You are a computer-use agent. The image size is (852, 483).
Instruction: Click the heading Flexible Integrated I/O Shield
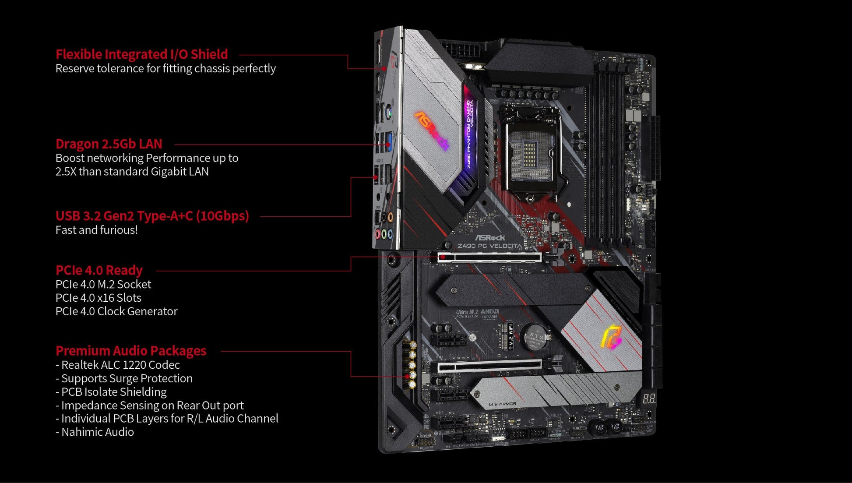[x=141, y=54]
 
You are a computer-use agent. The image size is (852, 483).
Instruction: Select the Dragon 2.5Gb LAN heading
[x=109, y=144]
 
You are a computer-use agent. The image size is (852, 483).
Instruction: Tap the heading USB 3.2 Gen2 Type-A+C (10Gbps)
[x=152, y=215]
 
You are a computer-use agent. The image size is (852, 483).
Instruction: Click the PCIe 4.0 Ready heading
[x=99, y=270]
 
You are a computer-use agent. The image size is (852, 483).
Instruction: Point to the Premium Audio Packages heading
[x=130, y=351]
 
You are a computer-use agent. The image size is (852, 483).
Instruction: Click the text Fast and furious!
[x=96, y=230]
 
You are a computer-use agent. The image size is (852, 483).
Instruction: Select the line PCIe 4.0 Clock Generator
[x=116, y=311]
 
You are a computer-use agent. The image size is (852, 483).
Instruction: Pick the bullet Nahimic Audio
[x=97, y=432]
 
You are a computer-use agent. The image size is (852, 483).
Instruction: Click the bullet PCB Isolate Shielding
[x=113, y=392]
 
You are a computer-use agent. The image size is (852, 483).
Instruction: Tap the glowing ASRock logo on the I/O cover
[x=432, y=130]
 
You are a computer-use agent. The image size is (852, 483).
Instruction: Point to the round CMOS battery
[x=536, y=336]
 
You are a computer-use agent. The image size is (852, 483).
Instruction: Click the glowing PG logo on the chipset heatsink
[x=611, y=337]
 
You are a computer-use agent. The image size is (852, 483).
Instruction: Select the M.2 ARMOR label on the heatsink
[x=502, y=404]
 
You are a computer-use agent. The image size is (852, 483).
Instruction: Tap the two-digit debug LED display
[x=649, y=398]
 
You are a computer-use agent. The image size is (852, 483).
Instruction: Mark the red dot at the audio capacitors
[x=407, y=376]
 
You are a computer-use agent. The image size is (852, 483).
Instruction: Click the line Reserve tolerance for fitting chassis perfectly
[x=165, y=68]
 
